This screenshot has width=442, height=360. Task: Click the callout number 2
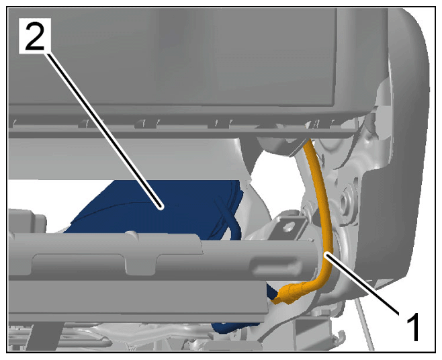click(35, 36)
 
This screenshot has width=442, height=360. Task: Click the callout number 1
click(413, 326)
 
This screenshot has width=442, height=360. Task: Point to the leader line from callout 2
click(104, 130)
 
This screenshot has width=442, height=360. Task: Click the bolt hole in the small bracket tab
click(288, 226)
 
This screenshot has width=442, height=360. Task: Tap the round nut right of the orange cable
click(345, 201)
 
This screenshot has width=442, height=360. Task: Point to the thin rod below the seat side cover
click(365, 324)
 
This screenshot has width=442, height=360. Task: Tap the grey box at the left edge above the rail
click(27, 220)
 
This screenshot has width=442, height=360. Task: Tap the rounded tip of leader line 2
click(161, 208)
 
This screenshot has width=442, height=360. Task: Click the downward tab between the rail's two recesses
click(140, 263)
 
